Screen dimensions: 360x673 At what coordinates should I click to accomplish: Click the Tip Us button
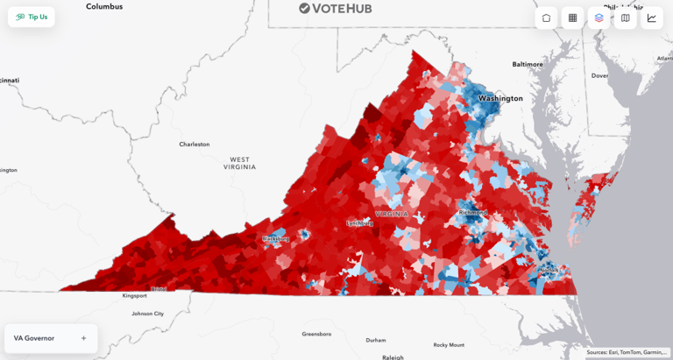pyautogui.click(x=32, y=17)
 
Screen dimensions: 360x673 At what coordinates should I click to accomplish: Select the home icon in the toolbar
pyautogui.click(x=546, y=18)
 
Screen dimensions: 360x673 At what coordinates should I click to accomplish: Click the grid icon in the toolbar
pyautogui.click(x=572, y=18)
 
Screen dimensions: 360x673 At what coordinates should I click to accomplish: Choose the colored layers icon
pyautogui.click(x=599, y=18)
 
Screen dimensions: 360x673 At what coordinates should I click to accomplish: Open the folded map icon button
pyautogui.click(x=625, y=18)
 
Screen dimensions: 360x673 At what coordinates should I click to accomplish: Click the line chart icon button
pyautogui.click(x=651, y=18)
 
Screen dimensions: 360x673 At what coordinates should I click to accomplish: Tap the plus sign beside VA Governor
pyautogui.click(x=83, y=338)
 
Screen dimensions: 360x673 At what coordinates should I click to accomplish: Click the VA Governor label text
pyautogui.click(x=34, y=338)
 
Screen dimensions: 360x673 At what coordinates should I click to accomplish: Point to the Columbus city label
pyautogui.click(x=104, y=6)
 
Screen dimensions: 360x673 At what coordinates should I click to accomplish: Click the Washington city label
pyautogui.click(x=500, y=98)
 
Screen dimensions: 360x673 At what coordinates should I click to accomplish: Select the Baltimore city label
pyautogui.click(x=528, y=64)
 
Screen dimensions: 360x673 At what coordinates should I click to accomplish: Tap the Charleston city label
pyautogui.click(x=194, y=144)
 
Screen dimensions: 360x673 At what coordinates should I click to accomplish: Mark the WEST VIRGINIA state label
pyautogui.click(x=240, y=163)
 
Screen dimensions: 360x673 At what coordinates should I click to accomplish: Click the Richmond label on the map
pyautogui.click(x=472, y=213)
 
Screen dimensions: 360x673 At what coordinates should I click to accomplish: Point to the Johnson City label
pyautogui.click(x=147, y=313)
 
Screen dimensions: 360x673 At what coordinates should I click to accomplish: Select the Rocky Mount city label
pyautogui.click(x=449, y=344)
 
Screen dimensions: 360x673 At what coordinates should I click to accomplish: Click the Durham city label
pyautogui.click(x=376, y=340)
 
